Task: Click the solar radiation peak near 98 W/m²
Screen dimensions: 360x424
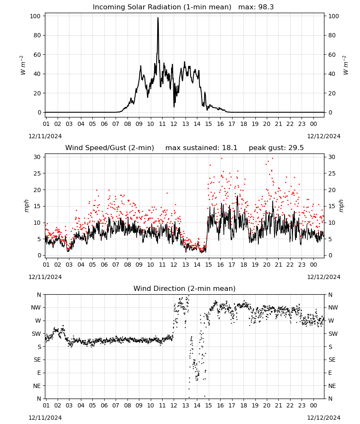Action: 158,18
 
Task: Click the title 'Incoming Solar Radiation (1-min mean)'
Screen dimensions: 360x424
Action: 162,7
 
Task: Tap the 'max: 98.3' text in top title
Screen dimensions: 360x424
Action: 256,7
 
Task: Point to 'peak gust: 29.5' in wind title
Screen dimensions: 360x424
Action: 276,148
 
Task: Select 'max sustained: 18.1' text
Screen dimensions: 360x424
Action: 201,148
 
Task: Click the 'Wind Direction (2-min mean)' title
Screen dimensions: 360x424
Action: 185,288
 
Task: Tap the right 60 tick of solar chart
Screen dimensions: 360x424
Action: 332,55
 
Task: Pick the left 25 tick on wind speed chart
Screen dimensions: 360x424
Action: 37,173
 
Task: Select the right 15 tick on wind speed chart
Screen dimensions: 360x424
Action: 332,206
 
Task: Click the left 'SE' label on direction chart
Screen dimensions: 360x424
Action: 37,360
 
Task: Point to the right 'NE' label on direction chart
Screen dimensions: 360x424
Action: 332,386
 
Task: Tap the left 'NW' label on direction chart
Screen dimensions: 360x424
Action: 36,307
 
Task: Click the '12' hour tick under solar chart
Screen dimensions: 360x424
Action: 174,124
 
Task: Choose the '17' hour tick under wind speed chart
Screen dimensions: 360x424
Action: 232,265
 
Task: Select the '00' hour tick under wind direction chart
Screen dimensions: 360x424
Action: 313,405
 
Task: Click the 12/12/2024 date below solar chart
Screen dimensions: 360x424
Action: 324,136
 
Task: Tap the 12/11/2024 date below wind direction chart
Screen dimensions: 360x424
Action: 45,418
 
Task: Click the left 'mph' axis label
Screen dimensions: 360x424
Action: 26,206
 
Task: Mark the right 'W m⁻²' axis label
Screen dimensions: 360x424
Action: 346,65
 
